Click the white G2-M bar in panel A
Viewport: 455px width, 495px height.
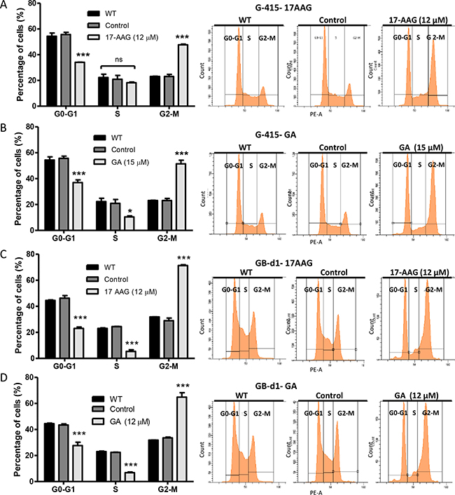(x=183, y=73)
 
